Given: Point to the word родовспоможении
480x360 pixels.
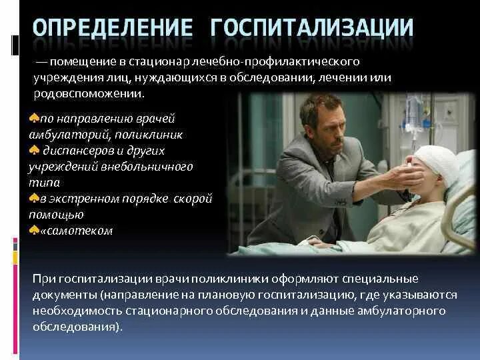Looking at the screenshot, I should click(95, 93).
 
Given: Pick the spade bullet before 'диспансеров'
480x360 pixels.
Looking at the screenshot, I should click(34, 150).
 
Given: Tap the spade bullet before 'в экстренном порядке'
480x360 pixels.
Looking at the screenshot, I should click(34, 199).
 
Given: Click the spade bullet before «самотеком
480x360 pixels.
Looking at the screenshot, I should click(34, 231).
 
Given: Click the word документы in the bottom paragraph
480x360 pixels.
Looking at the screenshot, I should click(64, 295).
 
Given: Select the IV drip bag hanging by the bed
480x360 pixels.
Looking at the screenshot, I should click(414, 110).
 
